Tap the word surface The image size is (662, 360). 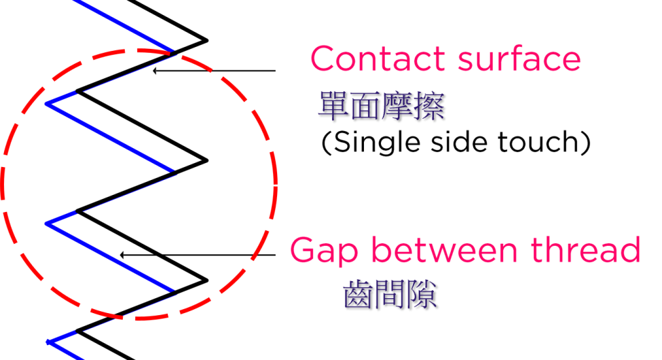[519, 59]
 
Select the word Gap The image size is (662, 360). [322, 251]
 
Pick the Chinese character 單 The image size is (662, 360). [333, 106]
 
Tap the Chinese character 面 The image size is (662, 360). [365, 106]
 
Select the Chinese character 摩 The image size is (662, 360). [397, 106]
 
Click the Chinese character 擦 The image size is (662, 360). [429, 106]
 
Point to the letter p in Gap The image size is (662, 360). [352, 255]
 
